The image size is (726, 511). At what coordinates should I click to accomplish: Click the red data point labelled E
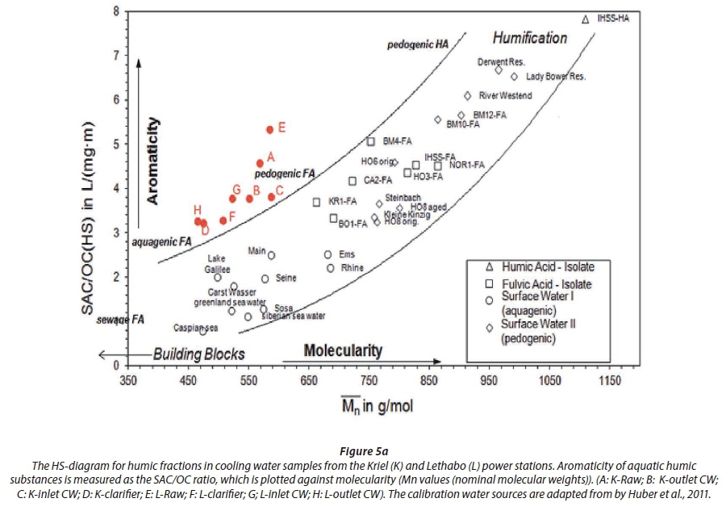269,129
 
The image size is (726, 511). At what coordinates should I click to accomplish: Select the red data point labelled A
260,163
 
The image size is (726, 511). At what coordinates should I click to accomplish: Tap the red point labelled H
198,220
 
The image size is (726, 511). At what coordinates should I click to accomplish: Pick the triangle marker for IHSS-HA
586,18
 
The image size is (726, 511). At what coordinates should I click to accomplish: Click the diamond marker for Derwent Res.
499,70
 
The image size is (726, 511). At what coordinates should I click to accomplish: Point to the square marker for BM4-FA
371,141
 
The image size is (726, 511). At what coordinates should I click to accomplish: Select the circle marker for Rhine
330,268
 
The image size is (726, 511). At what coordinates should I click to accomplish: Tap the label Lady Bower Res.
555,77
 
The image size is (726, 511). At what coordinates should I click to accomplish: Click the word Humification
530,38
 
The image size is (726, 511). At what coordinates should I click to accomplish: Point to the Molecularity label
343,350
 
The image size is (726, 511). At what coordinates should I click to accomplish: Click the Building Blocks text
198,354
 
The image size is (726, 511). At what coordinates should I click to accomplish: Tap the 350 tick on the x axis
128,380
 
